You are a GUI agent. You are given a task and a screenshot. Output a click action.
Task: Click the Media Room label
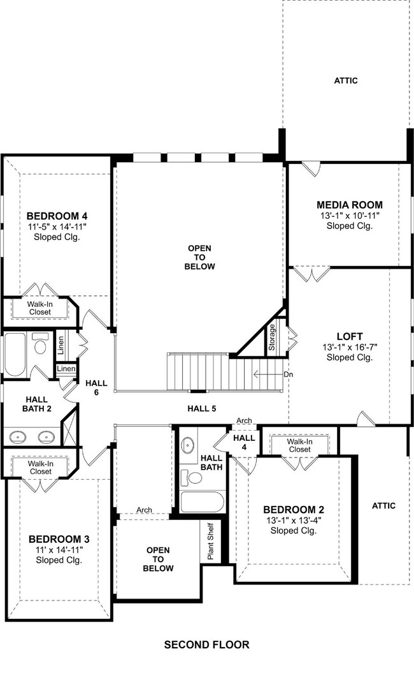point(350,205)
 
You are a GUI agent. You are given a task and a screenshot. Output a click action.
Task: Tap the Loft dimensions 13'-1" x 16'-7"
point(350,347)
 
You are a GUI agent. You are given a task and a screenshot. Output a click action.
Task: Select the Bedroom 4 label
point(57,216)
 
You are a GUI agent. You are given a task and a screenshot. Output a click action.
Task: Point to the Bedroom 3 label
point(59,539)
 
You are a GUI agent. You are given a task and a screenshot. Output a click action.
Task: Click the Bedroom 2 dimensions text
point(294,521)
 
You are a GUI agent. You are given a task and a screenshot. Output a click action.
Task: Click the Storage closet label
point(271,338)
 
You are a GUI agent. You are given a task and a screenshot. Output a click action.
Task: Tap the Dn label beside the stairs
point(288,375)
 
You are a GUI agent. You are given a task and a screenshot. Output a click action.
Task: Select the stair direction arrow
point(268,375)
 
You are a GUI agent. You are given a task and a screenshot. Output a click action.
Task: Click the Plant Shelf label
point(211,541)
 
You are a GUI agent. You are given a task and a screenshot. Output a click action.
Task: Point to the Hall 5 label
point(201,409)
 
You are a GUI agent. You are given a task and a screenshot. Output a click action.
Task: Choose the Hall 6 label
point(96,388)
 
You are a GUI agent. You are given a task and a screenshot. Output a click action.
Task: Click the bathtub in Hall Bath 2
point(15,354)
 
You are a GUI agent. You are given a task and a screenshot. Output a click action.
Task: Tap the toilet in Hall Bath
point(192,477)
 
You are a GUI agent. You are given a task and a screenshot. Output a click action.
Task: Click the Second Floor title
point(207,644)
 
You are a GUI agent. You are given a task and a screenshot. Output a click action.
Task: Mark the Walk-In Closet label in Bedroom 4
point(40,308)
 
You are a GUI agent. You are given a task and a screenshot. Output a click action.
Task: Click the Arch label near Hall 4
point(244,420)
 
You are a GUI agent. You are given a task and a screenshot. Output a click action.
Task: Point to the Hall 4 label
point(244,442)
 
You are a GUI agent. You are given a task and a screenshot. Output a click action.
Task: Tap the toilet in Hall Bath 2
point(41,345)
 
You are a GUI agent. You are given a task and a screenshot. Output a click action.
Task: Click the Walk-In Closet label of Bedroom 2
point(299,445)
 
